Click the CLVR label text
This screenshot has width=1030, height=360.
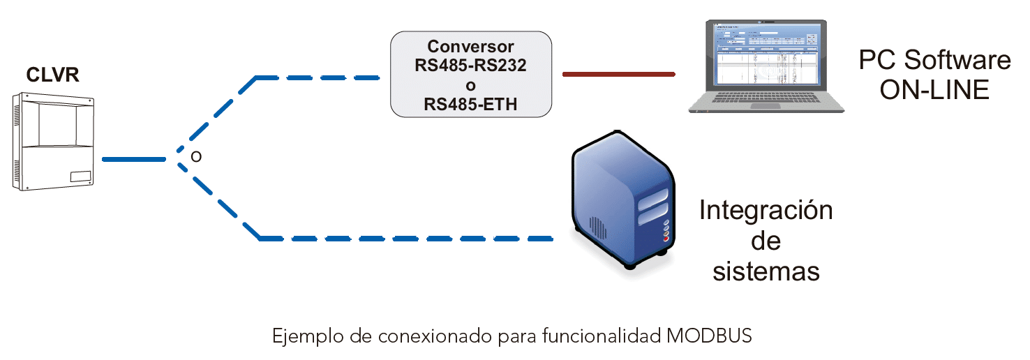pyautogui.click(x=52, y=75)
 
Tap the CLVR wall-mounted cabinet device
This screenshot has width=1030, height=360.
pyautogui.click(x=54, y=144)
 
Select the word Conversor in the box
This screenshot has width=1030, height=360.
pyautogui.click(x=470, y=47)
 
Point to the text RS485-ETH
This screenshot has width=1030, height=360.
pyautogui.click(x=470, y=105)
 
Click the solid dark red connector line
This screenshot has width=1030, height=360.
pyautogui.click(x=618, y=73)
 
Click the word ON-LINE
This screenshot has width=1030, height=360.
pyautogui.click(x=934, y=90)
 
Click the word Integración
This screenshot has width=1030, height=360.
pyautogui.click(x=766, y=210)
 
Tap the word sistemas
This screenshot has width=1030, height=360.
pyautogui.click(x=766, y=271)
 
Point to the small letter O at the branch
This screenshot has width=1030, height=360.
pyautogui.click(x=196, y=157)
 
